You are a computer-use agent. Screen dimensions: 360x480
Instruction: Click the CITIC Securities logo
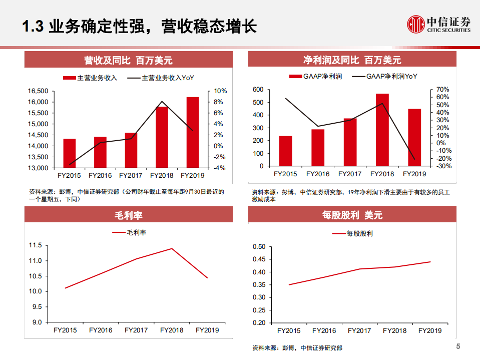coord(439,24)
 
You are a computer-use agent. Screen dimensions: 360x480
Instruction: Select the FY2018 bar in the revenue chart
coord(162,137)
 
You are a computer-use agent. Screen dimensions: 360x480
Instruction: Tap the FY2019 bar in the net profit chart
coord(414,137)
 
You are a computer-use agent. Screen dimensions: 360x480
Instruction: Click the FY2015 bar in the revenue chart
coord(70,153)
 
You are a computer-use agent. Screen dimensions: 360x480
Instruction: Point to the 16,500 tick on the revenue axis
coord(38,91)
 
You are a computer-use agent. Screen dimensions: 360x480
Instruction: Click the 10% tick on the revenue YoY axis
coord(221,91)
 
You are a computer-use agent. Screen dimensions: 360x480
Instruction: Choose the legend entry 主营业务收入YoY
coord(161,78)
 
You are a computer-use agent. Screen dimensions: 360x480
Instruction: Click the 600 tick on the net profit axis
coord(258,90)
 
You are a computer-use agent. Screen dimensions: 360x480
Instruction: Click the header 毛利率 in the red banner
coord(129,215)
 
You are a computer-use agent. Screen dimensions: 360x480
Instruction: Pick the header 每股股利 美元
coord(352,215)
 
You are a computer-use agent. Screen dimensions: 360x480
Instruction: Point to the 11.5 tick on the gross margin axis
coord(37,245)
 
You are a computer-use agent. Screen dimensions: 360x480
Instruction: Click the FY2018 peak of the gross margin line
coord(172,248)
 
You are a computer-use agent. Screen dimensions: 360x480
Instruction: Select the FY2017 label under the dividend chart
coord(359,331)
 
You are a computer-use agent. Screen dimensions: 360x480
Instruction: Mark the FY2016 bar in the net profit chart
coord(318,148)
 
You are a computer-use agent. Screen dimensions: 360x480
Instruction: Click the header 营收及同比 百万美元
coord(129,60)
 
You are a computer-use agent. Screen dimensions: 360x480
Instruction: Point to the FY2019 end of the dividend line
coord(430,262)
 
